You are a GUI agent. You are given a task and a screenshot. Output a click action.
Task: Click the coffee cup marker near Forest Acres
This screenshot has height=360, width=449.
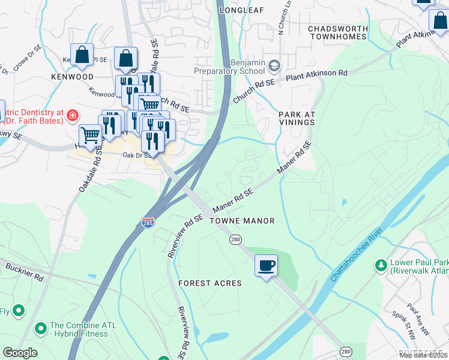[x=266, y=265]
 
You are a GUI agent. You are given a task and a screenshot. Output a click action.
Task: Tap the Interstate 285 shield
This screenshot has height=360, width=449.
[x=148, y=223]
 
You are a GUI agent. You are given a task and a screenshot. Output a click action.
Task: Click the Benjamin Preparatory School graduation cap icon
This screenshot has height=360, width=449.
[x=274, y=65]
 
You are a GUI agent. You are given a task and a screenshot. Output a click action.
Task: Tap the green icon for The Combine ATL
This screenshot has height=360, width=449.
[x=41, y=328]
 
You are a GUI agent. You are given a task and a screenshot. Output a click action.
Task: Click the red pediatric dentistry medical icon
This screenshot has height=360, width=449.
[x=72, y=114]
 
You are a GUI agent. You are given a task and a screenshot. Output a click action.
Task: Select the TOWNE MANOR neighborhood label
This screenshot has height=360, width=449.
[x=242, y=221]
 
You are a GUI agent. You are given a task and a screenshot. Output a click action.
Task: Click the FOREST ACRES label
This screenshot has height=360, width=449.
[x=209, y=283]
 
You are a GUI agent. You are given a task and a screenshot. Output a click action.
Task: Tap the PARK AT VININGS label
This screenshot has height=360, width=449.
[x=296, y=118]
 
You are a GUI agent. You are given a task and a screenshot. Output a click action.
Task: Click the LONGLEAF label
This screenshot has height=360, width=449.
[x=242, y=10]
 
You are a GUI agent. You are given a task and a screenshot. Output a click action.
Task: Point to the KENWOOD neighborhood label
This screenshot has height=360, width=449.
[x=72, y=77]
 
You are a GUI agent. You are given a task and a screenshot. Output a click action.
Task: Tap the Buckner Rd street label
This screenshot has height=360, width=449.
[x=25, y=272]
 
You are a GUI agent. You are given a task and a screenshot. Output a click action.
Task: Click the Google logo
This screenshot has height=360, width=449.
[x=20, y=353]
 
